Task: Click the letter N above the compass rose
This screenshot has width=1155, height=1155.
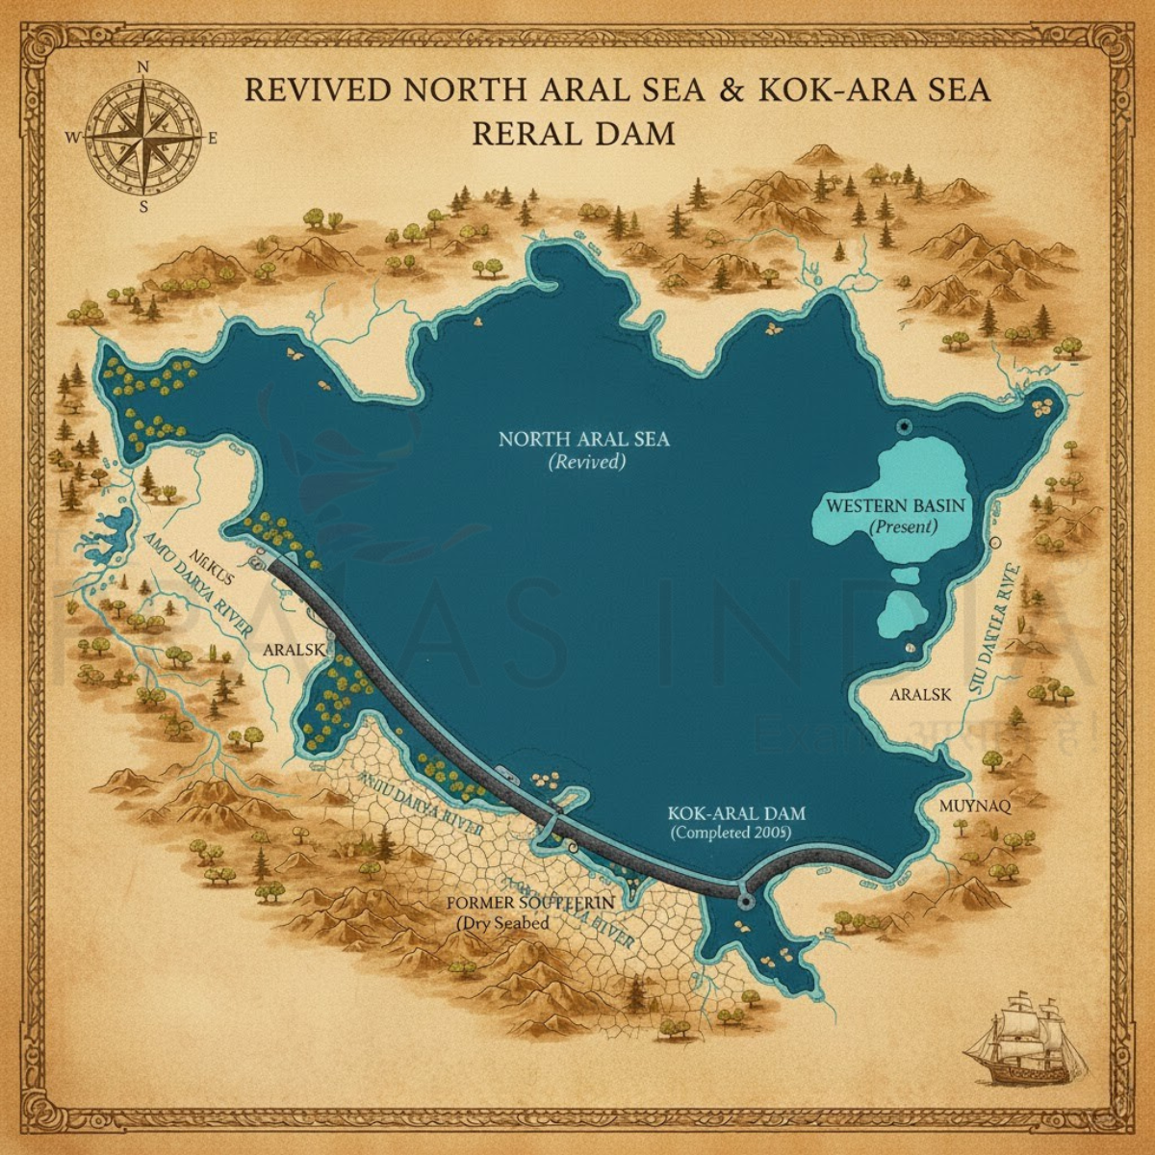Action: point(143,67)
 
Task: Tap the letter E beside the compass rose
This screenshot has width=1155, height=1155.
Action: point(213,138)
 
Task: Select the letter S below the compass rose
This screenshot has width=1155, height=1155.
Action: point(143,205)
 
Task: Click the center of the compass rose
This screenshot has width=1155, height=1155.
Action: point(143,137)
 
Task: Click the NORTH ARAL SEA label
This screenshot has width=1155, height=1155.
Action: point(583,440)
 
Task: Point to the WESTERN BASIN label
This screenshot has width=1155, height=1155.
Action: point(895,505)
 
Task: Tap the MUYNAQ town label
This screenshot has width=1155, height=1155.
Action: point(974,807)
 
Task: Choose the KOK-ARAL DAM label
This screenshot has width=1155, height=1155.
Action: point(735,813)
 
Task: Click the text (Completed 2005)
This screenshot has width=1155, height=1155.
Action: point(731,833)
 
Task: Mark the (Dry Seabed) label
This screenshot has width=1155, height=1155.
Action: point(503,923)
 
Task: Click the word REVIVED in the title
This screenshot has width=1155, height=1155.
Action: point(319,90)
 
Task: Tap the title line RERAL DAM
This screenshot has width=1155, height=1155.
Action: point(574,133)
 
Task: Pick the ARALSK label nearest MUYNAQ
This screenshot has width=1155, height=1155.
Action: point(920,694)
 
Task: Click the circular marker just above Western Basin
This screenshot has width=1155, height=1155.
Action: point(903,426)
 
